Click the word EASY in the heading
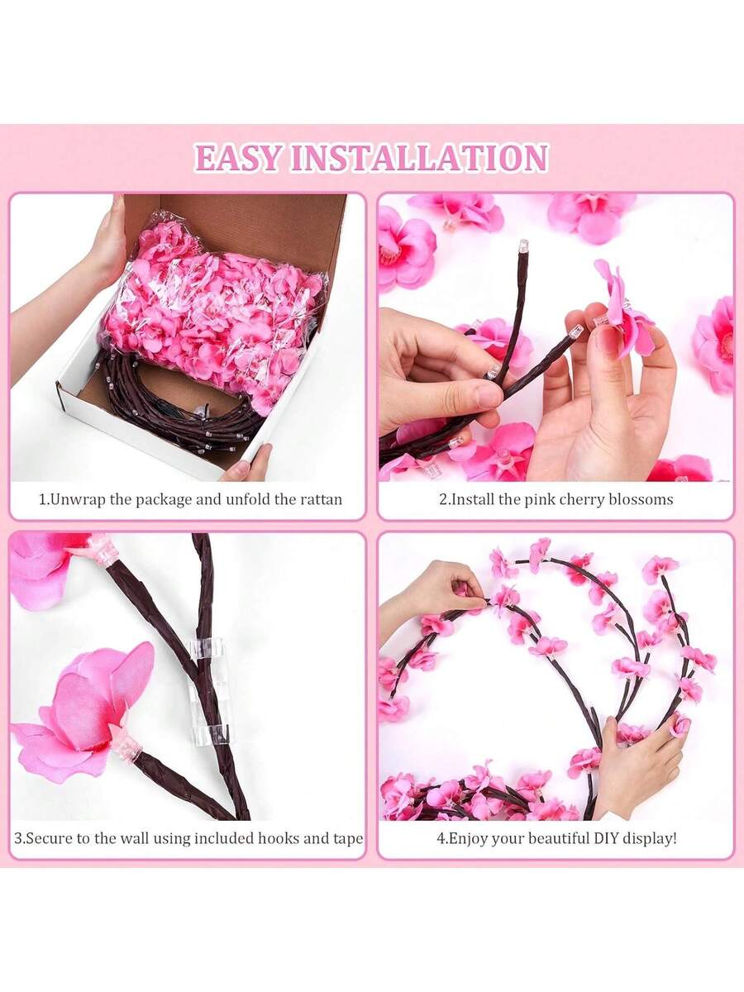pyautogui.click(x=237, y=158)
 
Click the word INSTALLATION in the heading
pyautogui.click(x=419, y=158)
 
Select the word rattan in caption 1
pyautogui.click(x=321, y=499)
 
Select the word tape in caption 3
pyautogui.click(x=348, y=839)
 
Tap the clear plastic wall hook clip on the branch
pyautogui.click(x=207, y=691)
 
